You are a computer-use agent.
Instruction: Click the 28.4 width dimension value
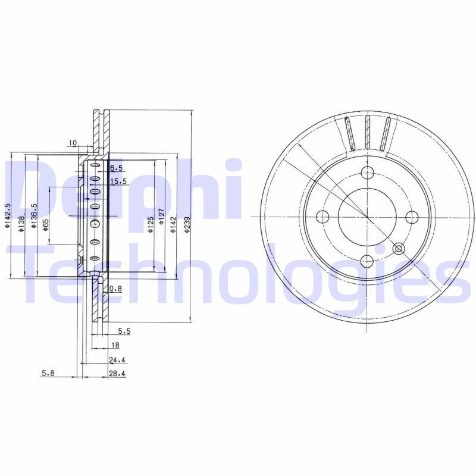[x=117, y=374]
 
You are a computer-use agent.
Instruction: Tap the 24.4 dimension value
[x=117, y=359]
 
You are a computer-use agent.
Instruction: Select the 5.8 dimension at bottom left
[x=48, y=374]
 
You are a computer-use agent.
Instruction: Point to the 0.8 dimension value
[x=116, y=289]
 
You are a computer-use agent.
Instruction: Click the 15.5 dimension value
[x=119, y=181]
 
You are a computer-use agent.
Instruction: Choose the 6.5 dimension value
[x=115, y=168]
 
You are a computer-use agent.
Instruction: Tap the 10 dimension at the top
[x=73, y=143]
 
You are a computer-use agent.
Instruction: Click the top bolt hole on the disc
[x=367, y=173]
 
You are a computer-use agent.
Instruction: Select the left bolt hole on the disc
[x=323, y=216]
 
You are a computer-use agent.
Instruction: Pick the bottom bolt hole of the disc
[x=367, y=259]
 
